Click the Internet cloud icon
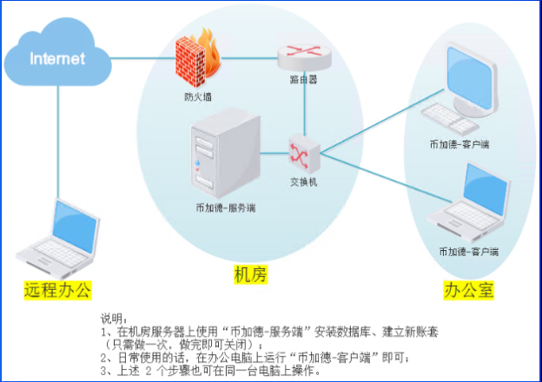pos(58,58)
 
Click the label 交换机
pos(304,182)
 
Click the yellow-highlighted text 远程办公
pos(57,289)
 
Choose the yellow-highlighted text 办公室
pos(469,290)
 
